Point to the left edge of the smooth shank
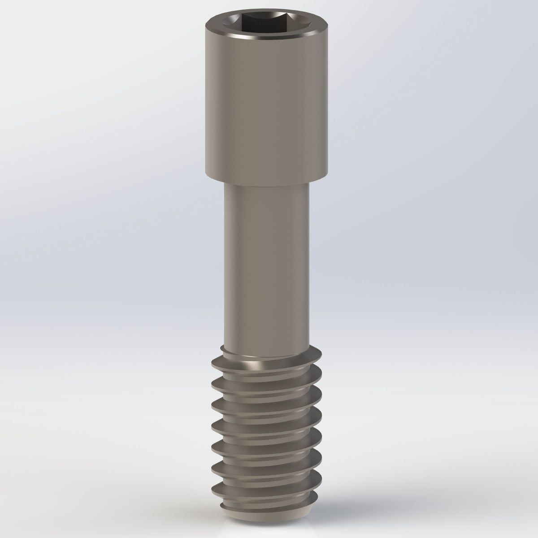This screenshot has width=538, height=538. click(224, 265)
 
